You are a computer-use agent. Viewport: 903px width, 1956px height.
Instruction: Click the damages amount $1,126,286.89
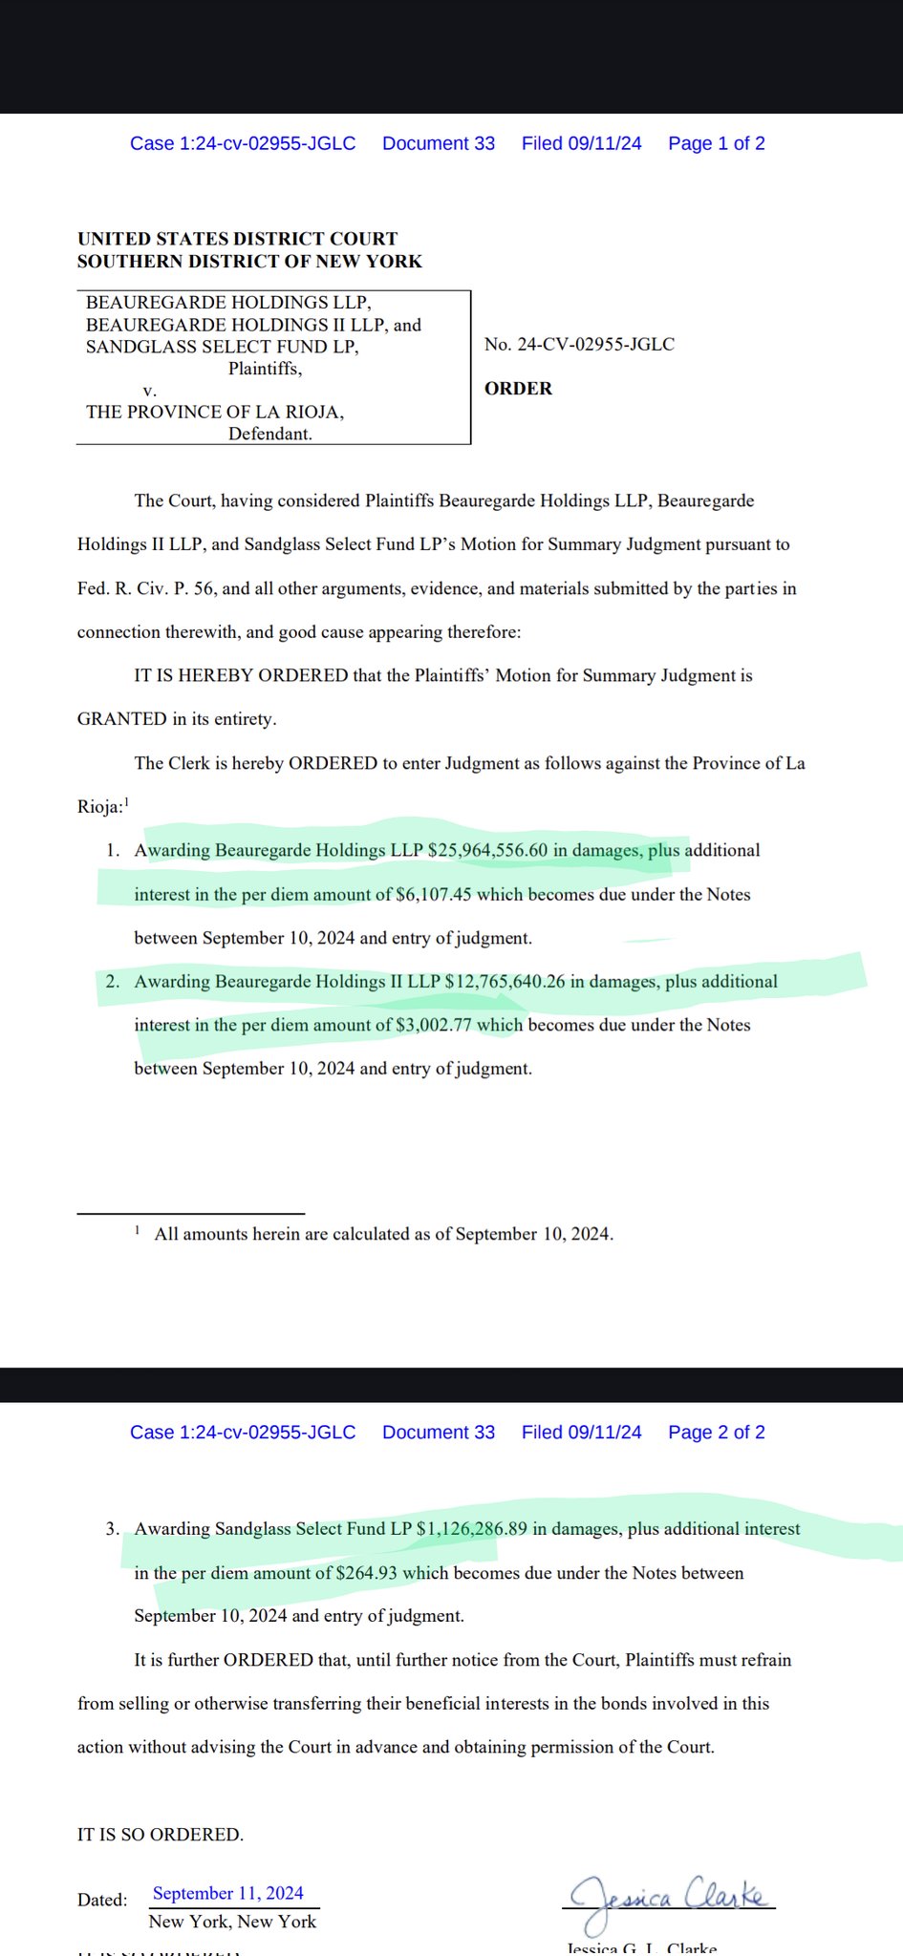pyautogui.click(x=471, y=1528)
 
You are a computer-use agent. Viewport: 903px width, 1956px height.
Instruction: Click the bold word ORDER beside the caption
pyautogui.click(x=518, y=388)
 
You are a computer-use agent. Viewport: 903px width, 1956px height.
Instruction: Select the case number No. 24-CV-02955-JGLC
pyautogui.click(x=579, y=344)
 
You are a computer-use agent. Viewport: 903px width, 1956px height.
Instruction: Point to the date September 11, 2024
pyautogui.click(x=228, y=1893)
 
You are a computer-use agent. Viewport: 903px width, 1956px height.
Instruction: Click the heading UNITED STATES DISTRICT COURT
pyautogui.click(x=237, y=239)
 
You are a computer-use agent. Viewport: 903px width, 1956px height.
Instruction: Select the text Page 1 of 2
pyautogui.click(x=716, y=143)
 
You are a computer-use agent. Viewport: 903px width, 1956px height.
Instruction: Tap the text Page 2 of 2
pyautogui.click(x=716, y=1432)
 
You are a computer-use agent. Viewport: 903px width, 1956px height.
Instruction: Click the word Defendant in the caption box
pyautogui.click(x=269, y=434)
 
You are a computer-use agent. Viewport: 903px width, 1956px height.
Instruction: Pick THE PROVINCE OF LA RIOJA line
pyautogui.click(x=215, y=412)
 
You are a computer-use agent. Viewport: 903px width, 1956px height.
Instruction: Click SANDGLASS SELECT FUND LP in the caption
pyautogui.click(x=222, y=347)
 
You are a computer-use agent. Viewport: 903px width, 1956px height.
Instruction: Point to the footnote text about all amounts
pyautogui.click(x=383, y=1233)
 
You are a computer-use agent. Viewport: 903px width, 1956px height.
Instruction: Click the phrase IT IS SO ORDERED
pyautogui.click(x=161, y=1834)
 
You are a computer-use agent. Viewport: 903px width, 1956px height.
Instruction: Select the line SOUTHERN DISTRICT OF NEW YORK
pyautogui.click(x=249, y=261)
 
